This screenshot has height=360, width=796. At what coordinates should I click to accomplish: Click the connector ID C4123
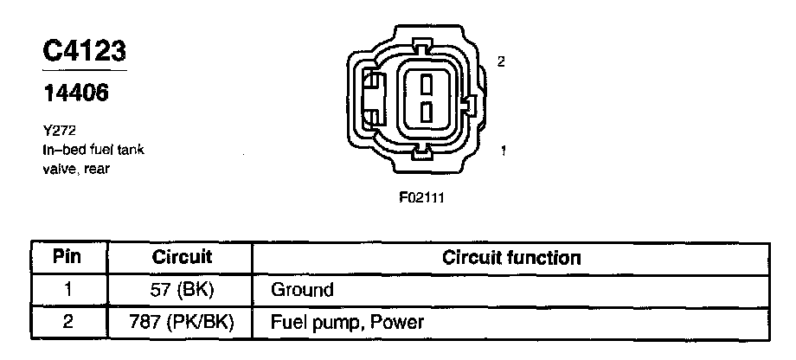pyautogui.click(x=85, y=50)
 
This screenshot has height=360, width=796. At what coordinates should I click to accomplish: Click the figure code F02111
pyautogui.click(x=421, y=196)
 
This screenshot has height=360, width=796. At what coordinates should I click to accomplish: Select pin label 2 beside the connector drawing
pyautogui.click(x=502, y=61)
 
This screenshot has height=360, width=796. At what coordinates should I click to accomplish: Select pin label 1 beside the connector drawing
pyautogui.click(x=503, y=151)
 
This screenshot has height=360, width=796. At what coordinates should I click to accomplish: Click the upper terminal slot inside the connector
pyautogui.click(x=425, y=84)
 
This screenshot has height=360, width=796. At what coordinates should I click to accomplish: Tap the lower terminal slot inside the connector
pyautogui.click(x=425, y=112)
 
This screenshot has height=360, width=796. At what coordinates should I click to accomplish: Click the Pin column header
pyautogui.click(x=67, y=258)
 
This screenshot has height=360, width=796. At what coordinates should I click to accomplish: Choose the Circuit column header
pyautogui.click(x=182, y=258)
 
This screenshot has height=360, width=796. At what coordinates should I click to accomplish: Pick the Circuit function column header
pyautogui.click(x=510, y=258)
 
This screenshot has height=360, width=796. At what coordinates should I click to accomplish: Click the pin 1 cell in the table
pyautogui.click(x=67, y=290)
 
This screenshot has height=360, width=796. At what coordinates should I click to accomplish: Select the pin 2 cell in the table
pyautogui.click(x=67, y=323)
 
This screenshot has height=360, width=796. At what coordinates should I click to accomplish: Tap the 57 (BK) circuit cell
pyautogui.click(x=182, y=290)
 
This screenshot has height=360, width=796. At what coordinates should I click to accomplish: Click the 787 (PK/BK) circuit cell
pyautogui.click(x=182, y=323)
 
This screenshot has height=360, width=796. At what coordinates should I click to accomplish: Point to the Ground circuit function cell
pyautogui.click(x=302, y=290)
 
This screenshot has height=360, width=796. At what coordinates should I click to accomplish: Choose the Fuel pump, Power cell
pyautogui.click(x=347, y=323)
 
